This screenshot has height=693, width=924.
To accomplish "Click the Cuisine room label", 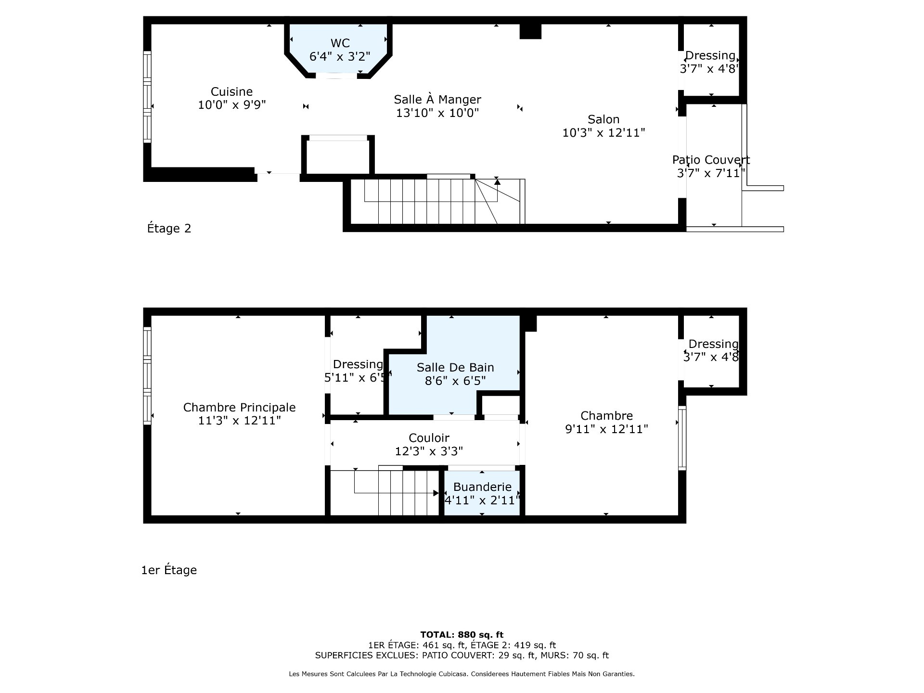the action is [231, 91].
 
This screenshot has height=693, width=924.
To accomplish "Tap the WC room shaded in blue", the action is [339, 49].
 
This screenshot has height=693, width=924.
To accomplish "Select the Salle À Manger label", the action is [437, 99].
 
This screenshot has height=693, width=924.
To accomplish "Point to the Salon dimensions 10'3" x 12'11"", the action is [603, 132].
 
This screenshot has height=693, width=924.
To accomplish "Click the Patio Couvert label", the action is [711, 160].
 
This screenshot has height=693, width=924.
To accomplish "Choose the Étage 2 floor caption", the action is [169, 228].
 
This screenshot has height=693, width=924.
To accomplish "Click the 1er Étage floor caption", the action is [169, 570].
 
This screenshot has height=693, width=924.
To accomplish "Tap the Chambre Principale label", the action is [239, 407].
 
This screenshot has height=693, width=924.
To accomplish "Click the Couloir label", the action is [429, 438].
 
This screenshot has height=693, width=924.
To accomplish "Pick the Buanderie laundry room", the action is [482, 493].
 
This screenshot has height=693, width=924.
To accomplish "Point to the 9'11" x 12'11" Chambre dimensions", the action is [606, 429].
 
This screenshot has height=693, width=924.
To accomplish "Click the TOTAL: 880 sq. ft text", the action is [462, 635].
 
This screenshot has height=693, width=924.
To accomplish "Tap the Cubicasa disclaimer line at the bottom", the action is [462, 674].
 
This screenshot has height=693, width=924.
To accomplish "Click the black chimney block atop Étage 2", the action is [530, 31].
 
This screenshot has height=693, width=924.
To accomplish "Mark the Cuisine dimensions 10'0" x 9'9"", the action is [231, 104].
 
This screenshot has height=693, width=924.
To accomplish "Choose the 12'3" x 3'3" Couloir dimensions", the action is [429, 451].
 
